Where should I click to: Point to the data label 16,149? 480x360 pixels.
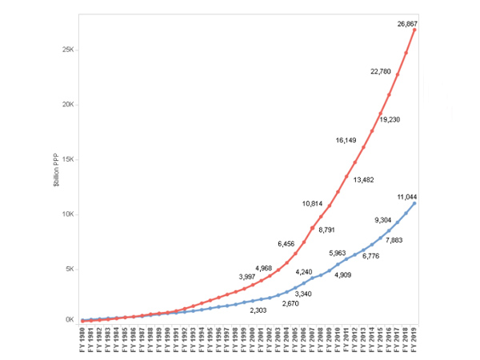(346, 140)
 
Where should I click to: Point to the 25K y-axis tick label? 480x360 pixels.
(68, 50)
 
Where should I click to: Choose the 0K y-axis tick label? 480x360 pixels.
(70, 320)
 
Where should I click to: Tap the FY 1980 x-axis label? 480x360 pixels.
(83, 342)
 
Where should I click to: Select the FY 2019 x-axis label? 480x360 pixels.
(416, 342)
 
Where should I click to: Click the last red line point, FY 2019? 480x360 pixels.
(416, 30)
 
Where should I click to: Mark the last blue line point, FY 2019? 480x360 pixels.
(416, 203)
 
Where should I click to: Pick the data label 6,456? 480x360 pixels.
(286, 243)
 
